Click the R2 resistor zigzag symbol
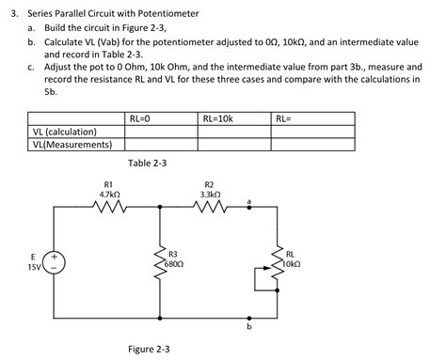click(208, 211)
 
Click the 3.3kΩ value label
click(208, 194)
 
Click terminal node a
click(248, 211)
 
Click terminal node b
click(248, 318)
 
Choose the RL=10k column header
click(218, 118)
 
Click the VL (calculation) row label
click(62, 133)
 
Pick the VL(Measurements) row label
click(72, 145)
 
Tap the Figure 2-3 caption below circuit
click(149, 349)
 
